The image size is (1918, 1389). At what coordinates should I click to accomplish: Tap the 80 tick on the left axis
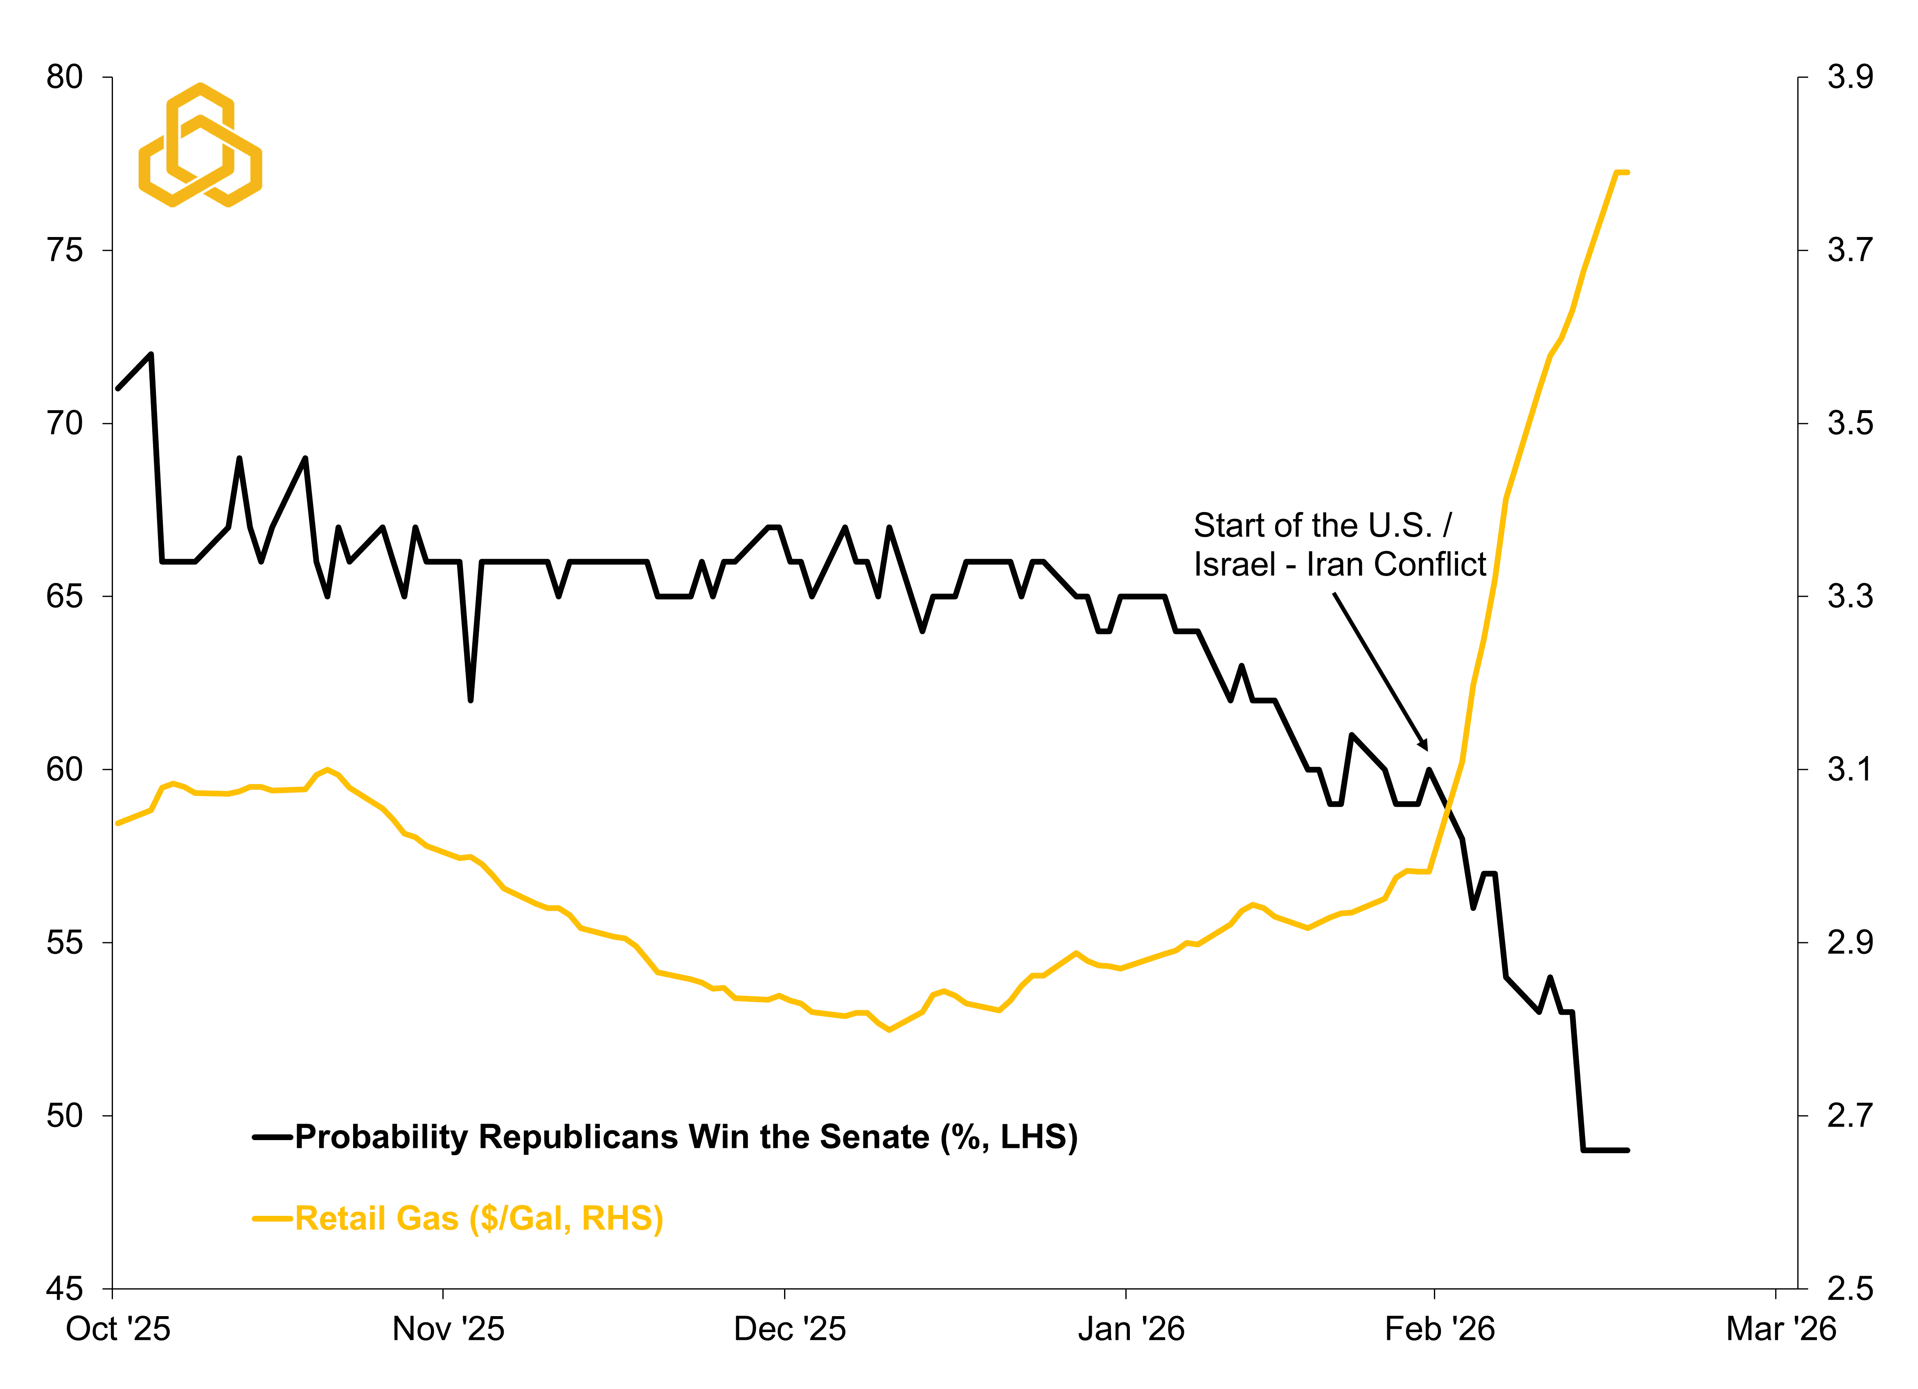pyautogui.click(x=64, y=77)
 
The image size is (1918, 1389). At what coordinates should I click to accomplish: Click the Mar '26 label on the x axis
pyautogui.click(x=1780, y=1329)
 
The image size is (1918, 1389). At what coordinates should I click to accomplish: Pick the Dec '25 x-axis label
pyautogui.click(x=789, y=1329)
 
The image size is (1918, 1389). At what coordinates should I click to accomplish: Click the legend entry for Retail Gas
pyautogui.click(x=478, y=1218)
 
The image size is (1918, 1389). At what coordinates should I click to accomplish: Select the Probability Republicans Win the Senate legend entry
pyautogui.click(x=685, y=1137)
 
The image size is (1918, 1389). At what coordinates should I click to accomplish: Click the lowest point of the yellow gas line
pyautogui.click(x=889, y=1030)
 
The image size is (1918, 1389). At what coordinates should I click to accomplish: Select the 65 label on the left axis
pyautogui.click(x=64, y=596)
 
